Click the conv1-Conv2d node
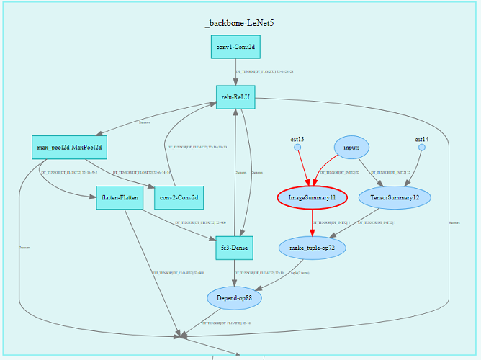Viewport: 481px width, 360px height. (236, 48)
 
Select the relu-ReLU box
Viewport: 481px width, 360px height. (236, 97)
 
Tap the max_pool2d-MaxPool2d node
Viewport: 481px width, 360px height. (69, 148)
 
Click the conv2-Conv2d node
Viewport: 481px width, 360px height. (179, 197)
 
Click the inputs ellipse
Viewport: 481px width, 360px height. (351, 148)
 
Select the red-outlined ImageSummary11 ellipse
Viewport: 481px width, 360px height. (312, 197)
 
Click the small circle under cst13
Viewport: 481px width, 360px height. (297, 148)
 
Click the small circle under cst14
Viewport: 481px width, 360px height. (421, 148)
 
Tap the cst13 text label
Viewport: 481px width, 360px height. (297, 138)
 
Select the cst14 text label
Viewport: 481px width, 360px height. (421, 138)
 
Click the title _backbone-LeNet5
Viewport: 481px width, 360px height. (239, 23)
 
